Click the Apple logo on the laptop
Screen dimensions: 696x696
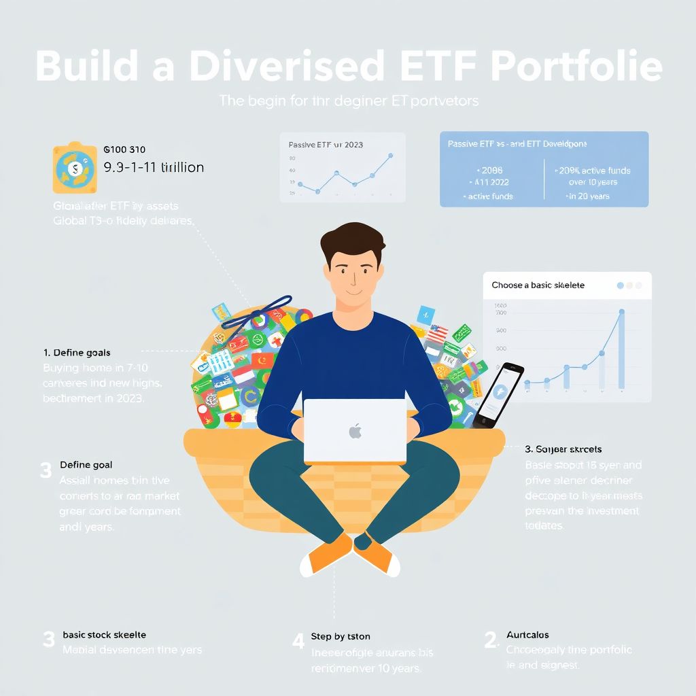[354, 431]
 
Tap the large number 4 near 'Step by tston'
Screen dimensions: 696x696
[298, 641]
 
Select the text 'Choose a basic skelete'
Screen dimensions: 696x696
[538, 285]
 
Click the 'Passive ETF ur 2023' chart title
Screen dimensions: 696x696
[326, 145]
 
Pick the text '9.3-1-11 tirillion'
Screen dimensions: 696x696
[154, 167]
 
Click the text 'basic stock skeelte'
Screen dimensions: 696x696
[104, 635]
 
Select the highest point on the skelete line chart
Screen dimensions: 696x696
[621, 312]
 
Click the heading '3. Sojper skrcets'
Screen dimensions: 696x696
[563, 449]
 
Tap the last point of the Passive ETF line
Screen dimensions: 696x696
[391, 156]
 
